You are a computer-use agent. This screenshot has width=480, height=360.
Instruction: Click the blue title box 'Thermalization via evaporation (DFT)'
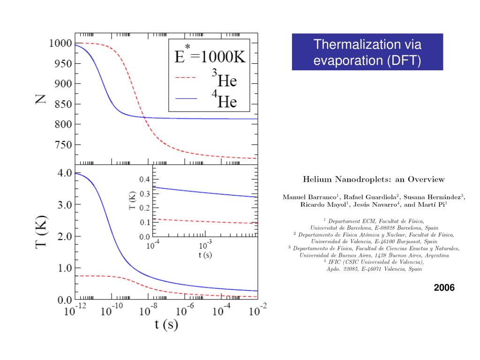367,52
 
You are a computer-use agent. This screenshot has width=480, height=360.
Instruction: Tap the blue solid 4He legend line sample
186,99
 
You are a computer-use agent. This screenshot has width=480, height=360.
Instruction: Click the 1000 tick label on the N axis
60,43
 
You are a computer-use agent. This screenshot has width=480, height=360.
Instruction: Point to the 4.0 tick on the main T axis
64,173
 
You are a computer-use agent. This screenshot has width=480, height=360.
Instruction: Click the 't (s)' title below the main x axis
166,324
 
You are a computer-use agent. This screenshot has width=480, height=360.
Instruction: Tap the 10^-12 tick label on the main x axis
75,310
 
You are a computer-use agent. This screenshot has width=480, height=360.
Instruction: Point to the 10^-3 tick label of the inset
205,245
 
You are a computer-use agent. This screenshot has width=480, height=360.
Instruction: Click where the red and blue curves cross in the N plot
144,117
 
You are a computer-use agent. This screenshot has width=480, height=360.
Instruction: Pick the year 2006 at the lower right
444,287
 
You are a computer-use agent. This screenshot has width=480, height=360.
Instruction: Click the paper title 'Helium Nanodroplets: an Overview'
374,179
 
